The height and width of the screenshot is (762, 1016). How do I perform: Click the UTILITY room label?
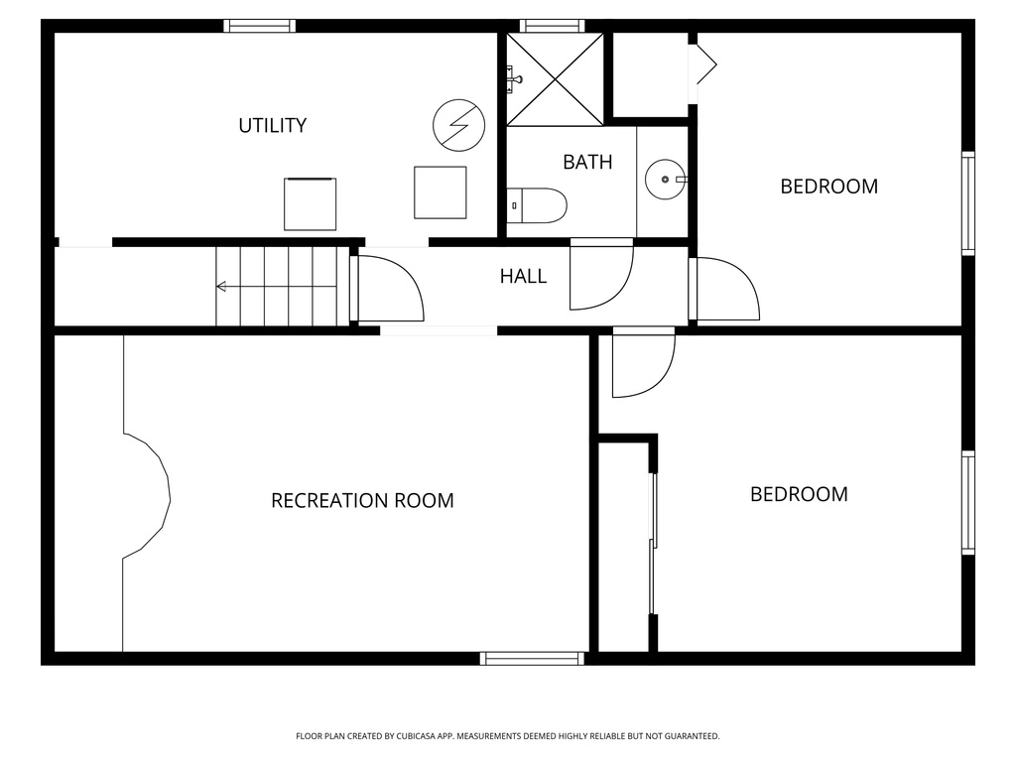[x=272, y=125]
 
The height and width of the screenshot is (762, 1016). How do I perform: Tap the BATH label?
[x=587, y=162]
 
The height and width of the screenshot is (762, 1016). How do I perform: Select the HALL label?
[x=523, y=276]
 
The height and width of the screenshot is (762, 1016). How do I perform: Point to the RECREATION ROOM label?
[x=362, y=500]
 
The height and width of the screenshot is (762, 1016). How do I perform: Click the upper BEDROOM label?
[x=828, y=187]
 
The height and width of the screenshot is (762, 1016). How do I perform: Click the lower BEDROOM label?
[x=799, y=494]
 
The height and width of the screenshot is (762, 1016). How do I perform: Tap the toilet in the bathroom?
[x=537, y=205]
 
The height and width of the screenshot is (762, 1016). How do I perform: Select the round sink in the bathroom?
[x=663, y=180]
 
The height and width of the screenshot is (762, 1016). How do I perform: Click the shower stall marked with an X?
[x=555, y=79]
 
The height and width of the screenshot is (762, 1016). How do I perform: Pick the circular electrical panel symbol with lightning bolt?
[x=458, y=125]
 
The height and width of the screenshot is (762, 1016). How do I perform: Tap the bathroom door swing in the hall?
[x=600, y=275]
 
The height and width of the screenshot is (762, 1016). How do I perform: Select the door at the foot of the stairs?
[x=389, y=289]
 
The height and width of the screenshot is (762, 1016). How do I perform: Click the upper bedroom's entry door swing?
[x=726, y=290]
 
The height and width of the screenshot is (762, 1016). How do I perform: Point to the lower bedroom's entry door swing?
[x=642, y=364]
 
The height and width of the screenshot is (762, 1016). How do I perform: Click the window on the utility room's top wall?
[x=259, y=26]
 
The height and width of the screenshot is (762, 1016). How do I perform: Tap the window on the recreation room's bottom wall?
[x=533, y=658]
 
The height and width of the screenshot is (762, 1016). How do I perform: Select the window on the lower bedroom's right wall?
[x=967, y=502]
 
